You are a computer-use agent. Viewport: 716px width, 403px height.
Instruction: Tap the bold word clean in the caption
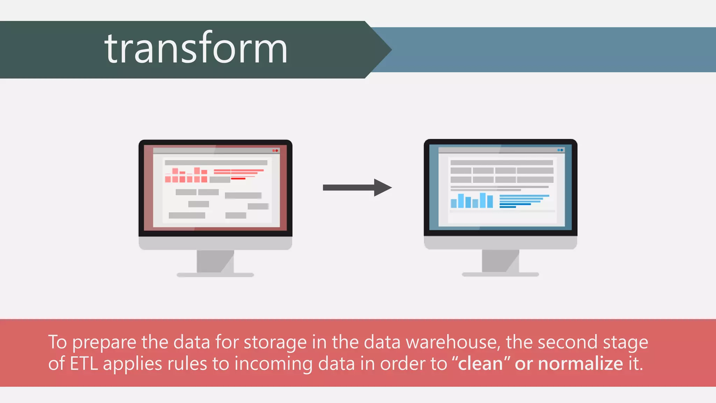480,364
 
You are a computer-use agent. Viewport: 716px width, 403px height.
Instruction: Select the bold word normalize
580,364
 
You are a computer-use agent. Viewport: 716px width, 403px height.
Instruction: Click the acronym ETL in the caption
84,364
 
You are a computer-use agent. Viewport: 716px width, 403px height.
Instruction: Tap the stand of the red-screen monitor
215,262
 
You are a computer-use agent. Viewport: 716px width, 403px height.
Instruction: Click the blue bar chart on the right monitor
472,201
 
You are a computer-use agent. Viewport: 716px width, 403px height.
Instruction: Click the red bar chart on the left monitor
186,175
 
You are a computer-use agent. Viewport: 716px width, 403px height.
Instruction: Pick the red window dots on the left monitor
275,150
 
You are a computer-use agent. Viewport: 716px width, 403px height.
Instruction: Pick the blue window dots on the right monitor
560,150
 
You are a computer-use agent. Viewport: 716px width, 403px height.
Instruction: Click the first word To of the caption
57,342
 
